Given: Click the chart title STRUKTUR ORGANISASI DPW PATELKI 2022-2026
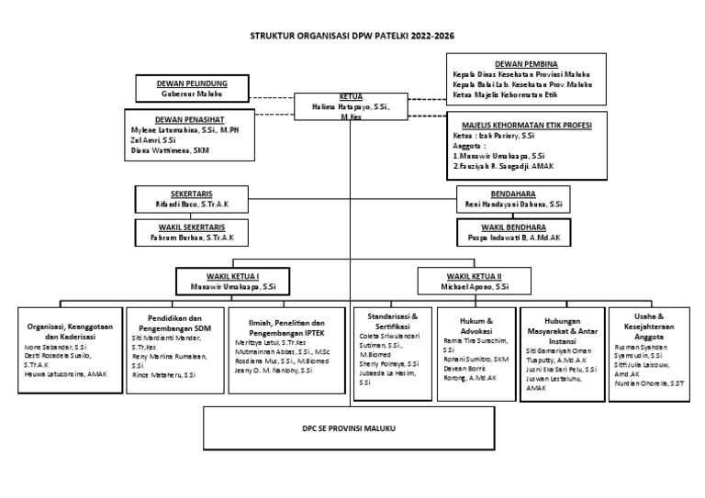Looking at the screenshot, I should pyautogui.click(x=352, y=36).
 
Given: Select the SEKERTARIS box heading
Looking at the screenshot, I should pyautogui.click(x=192, y=194).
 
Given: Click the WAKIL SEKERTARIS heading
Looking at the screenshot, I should pyautogui.click(x=193, y=226).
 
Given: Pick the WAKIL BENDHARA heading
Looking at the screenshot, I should pyautogui.click(x=514, y=227).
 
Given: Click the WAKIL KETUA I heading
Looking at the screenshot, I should pyautogui.click(x=232, y=275).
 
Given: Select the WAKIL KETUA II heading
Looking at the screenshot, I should pyautogui.click(x=474, y=275).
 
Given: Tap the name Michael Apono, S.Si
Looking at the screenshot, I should pyautogui.click(x=474, y=286).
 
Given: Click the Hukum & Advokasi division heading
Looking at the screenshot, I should pyautogui.click(x=476, y=326).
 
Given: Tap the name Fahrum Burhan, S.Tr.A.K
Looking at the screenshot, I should pyautogui.click(x=193, y=237).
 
